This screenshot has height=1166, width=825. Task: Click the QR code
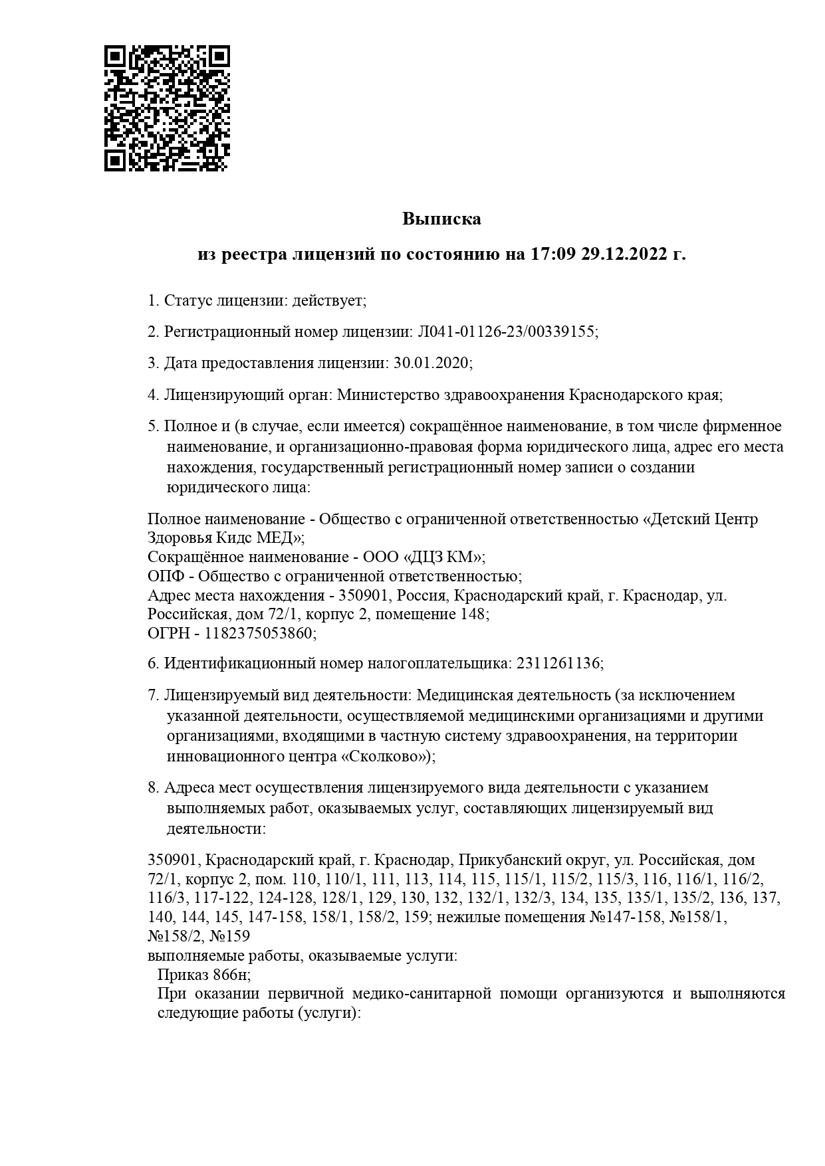(167, 108)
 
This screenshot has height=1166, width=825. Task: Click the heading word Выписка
(441, 219)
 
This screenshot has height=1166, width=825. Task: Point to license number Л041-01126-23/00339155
(505, 332)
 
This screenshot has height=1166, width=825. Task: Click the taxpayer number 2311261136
(557, 663)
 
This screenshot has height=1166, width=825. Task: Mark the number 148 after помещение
(473, 614)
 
